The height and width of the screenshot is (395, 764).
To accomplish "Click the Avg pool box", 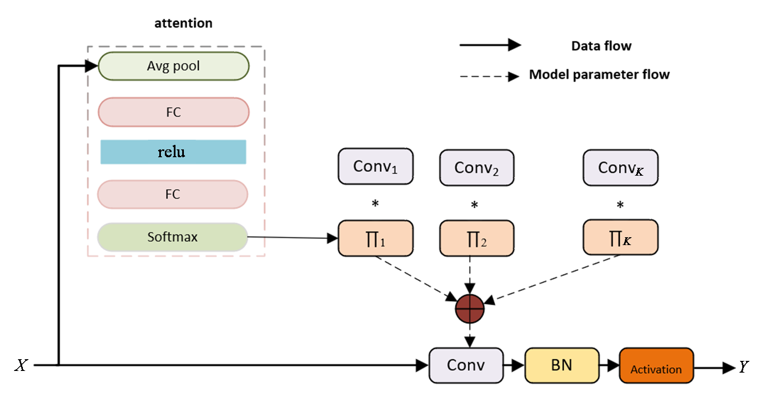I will click(173, 66).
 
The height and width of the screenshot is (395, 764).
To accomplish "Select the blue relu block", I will click(173, 152).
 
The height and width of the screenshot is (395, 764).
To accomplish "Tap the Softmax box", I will click(173, 237).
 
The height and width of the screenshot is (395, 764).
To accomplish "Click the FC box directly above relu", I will click(173, 112).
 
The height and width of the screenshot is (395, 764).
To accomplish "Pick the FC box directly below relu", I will click(173, 194).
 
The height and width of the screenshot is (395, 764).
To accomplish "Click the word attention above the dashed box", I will click(184, 23).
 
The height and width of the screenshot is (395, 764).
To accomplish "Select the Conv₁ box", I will click(376, 167).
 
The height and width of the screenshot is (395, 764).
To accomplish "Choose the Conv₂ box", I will click(477, 167).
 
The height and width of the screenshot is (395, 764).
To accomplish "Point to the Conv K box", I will click(620, 167).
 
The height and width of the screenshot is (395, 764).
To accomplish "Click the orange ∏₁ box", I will click(376, 239).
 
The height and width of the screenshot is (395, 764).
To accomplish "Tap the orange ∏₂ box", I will click(477, 239).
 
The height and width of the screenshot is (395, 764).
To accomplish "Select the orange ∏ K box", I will click(620, 239).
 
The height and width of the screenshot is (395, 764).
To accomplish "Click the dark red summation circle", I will click(470, 309).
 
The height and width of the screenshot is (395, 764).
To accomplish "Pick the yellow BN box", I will click(561, 365).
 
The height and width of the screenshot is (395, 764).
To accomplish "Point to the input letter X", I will click(21, 366).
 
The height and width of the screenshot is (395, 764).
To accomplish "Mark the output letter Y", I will click(743, 367).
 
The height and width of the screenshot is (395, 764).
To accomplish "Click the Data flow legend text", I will click(601, 46).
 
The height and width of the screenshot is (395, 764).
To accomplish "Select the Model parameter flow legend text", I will click(599, 74).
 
